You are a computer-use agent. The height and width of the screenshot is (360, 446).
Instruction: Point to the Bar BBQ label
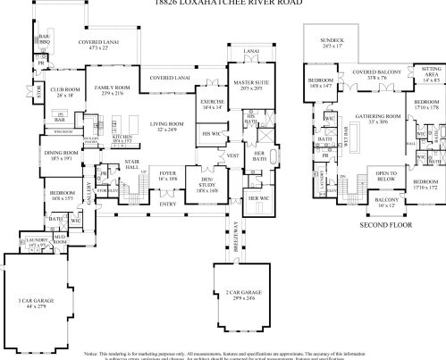pos(44,40)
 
